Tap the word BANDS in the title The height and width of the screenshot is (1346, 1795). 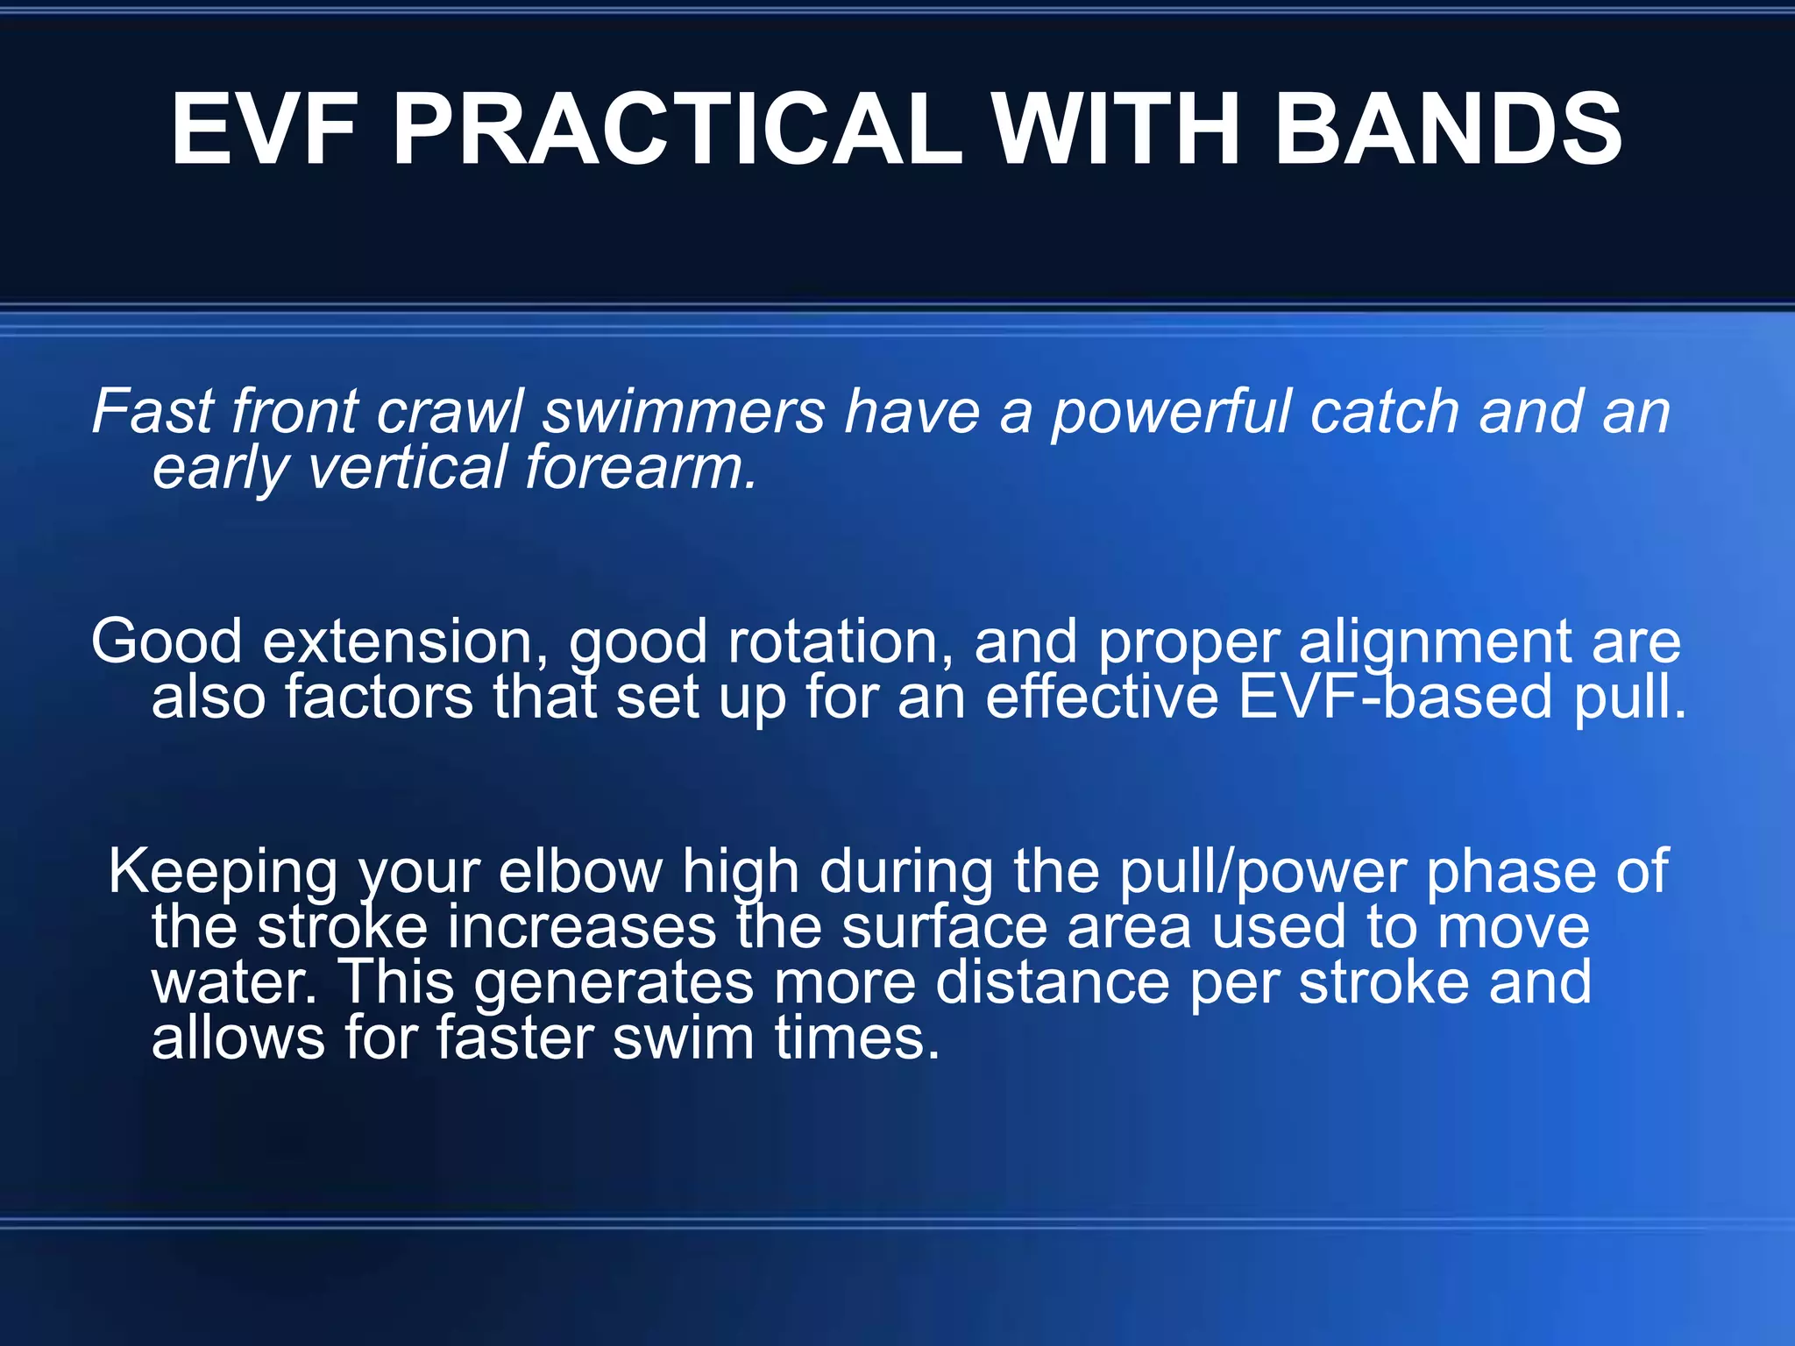[1447, 130]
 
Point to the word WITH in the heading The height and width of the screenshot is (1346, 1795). [1117, 130]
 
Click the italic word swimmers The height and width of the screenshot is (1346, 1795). [684, 412]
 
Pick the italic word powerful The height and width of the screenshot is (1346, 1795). [1170, 412]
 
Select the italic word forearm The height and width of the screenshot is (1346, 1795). [640, 467]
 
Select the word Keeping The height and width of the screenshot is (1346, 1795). [223, 872]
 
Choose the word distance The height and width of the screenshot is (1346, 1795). [1052, 982]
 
